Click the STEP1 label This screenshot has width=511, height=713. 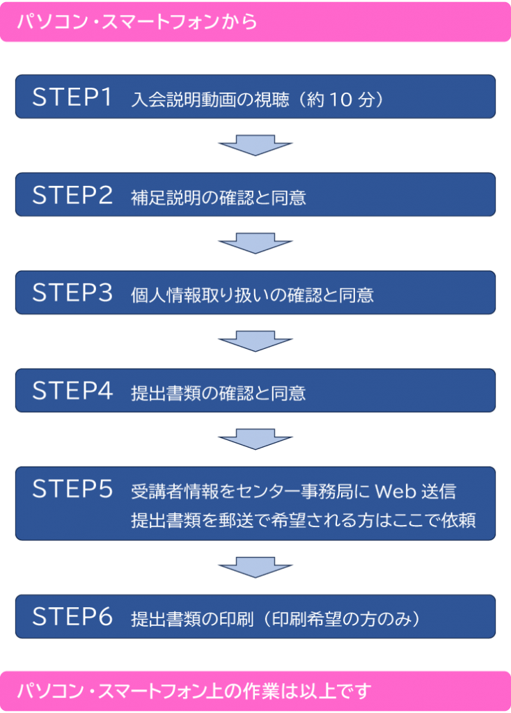pyautogui.click(x=72, y=97)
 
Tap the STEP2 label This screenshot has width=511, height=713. pyautogui.click(x=72, y=196)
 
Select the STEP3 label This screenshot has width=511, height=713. pyautogui.click(x=72, y=293)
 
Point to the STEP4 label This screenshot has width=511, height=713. pyautogui.click(x=72, y=391)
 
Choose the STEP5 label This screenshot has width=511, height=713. pyautogui.click(x=72, y=489)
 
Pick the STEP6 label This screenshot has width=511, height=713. pyautogui.click(x=72, y=617)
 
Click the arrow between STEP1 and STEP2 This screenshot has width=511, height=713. pyautogui.click(x=255, y=146)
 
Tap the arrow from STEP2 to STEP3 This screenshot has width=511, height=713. pyautogui.click(x=255, y=244)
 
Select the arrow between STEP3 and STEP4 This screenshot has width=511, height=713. pyautogui.click(x=255, y=341)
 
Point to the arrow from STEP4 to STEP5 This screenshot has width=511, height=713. pyautogui.click(x=255, y=439)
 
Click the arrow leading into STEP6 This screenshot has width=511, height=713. pyautogui.click(x=255, y=567)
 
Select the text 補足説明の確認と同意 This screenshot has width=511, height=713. pyautogui.click(x=218, y=198)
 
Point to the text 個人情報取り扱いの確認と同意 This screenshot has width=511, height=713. pyautogui.click(x=252, y=295)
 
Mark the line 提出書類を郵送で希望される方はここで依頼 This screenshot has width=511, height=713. pyautogui.click(x=303, y=520)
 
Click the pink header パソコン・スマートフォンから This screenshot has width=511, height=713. pyautogui.click(x=136, y=22)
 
